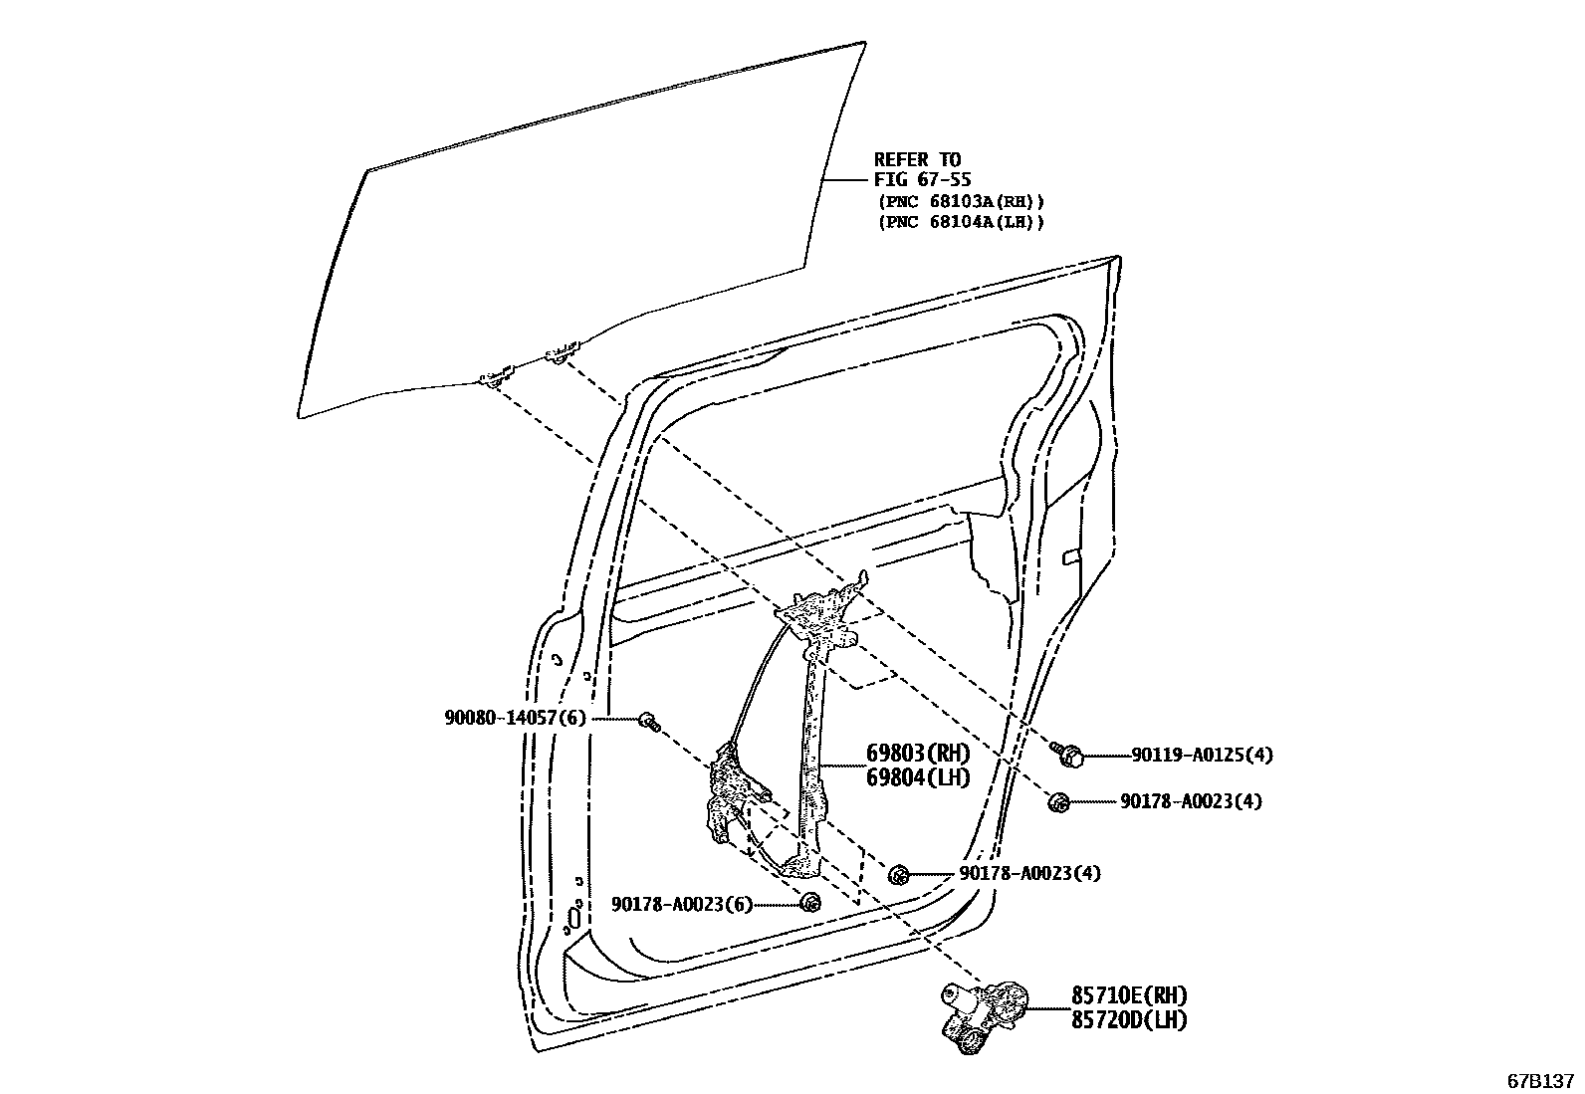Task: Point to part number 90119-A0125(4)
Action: (x=1201, y=755)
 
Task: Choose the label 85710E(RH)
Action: (x=1129, y=995)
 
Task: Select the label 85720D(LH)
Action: (x=1129, y=1019)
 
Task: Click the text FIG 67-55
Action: (x=923, y=180)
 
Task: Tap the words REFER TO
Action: (x=917, y=158)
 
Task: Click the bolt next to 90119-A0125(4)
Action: (x=1068, y=755)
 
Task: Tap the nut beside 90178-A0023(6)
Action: (x=810, y=902)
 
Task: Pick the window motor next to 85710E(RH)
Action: (x=981, y=1010)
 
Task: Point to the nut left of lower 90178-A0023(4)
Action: (x=898, y=874)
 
